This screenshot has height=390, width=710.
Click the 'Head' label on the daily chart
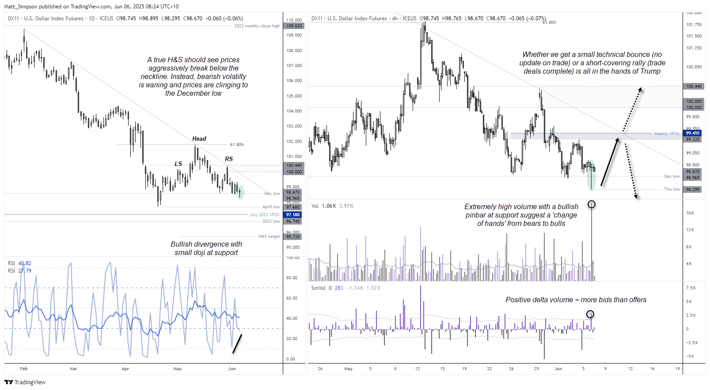pos(199,139)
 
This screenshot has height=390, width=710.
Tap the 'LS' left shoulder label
pos(178,164)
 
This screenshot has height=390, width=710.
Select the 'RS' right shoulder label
pos(228,159)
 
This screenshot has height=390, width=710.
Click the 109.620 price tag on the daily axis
pos(294,26)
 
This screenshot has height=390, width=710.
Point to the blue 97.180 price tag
pos(293,215)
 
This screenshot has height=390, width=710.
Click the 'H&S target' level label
pos(269,236)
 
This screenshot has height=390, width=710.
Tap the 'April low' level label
pos(271,207)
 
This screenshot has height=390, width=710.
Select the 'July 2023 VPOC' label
pos(264,215)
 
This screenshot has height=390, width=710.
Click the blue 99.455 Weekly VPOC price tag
pos(692,133)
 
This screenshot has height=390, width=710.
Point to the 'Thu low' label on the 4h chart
pos(672,189)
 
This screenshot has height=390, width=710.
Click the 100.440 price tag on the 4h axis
pos(693,86)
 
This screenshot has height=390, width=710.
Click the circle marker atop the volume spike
pos(592,204)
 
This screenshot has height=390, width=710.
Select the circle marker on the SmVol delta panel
pos(590,314)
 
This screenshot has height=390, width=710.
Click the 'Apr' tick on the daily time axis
pos(125,369)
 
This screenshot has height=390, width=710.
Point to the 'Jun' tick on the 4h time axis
pos(558,369)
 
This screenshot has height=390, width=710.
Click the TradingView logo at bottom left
pos(25,382)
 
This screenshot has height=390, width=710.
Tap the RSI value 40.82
pos(24,263)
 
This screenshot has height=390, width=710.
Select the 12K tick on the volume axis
pos(690,230)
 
